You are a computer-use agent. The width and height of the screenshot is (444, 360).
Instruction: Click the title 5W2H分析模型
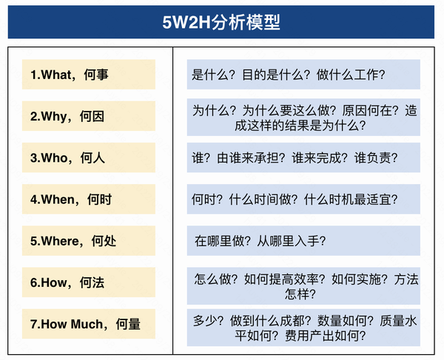[x=221, y=21]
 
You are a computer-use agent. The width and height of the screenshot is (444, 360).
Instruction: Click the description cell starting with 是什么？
[x=303, y=75]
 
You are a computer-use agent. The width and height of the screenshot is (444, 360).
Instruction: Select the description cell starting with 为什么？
[x=303, y=117]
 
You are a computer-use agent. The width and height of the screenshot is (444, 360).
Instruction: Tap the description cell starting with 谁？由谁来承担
[x=303, y=157]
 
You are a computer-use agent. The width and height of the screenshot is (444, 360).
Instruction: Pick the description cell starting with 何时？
[x=303, y=199]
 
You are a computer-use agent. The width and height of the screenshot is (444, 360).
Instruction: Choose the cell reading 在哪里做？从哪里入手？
[x=303, y=240]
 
